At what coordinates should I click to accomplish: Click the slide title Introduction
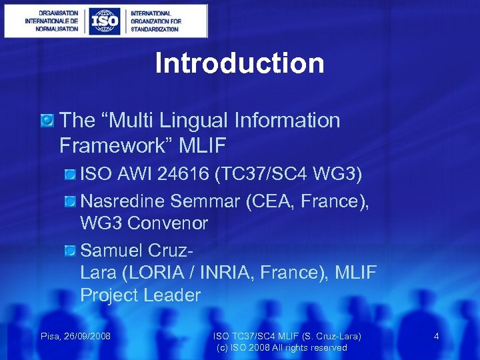(239, 63)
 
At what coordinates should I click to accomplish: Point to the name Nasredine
(123, 200)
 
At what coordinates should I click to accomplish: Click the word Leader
(172, 295)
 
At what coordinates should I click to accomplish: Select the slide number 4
(436, 336)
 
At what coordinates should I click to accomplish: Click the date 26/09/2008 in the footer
(87, 336)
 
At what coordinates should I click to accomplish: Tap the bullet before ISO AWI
(70, 175)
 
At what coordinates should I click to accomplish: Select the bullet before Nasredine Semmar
(70, 200)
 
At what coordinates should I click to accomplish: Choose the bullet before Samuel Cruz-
(70, 251)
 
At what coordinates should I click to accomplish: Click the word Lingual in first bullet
(194, 121)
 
